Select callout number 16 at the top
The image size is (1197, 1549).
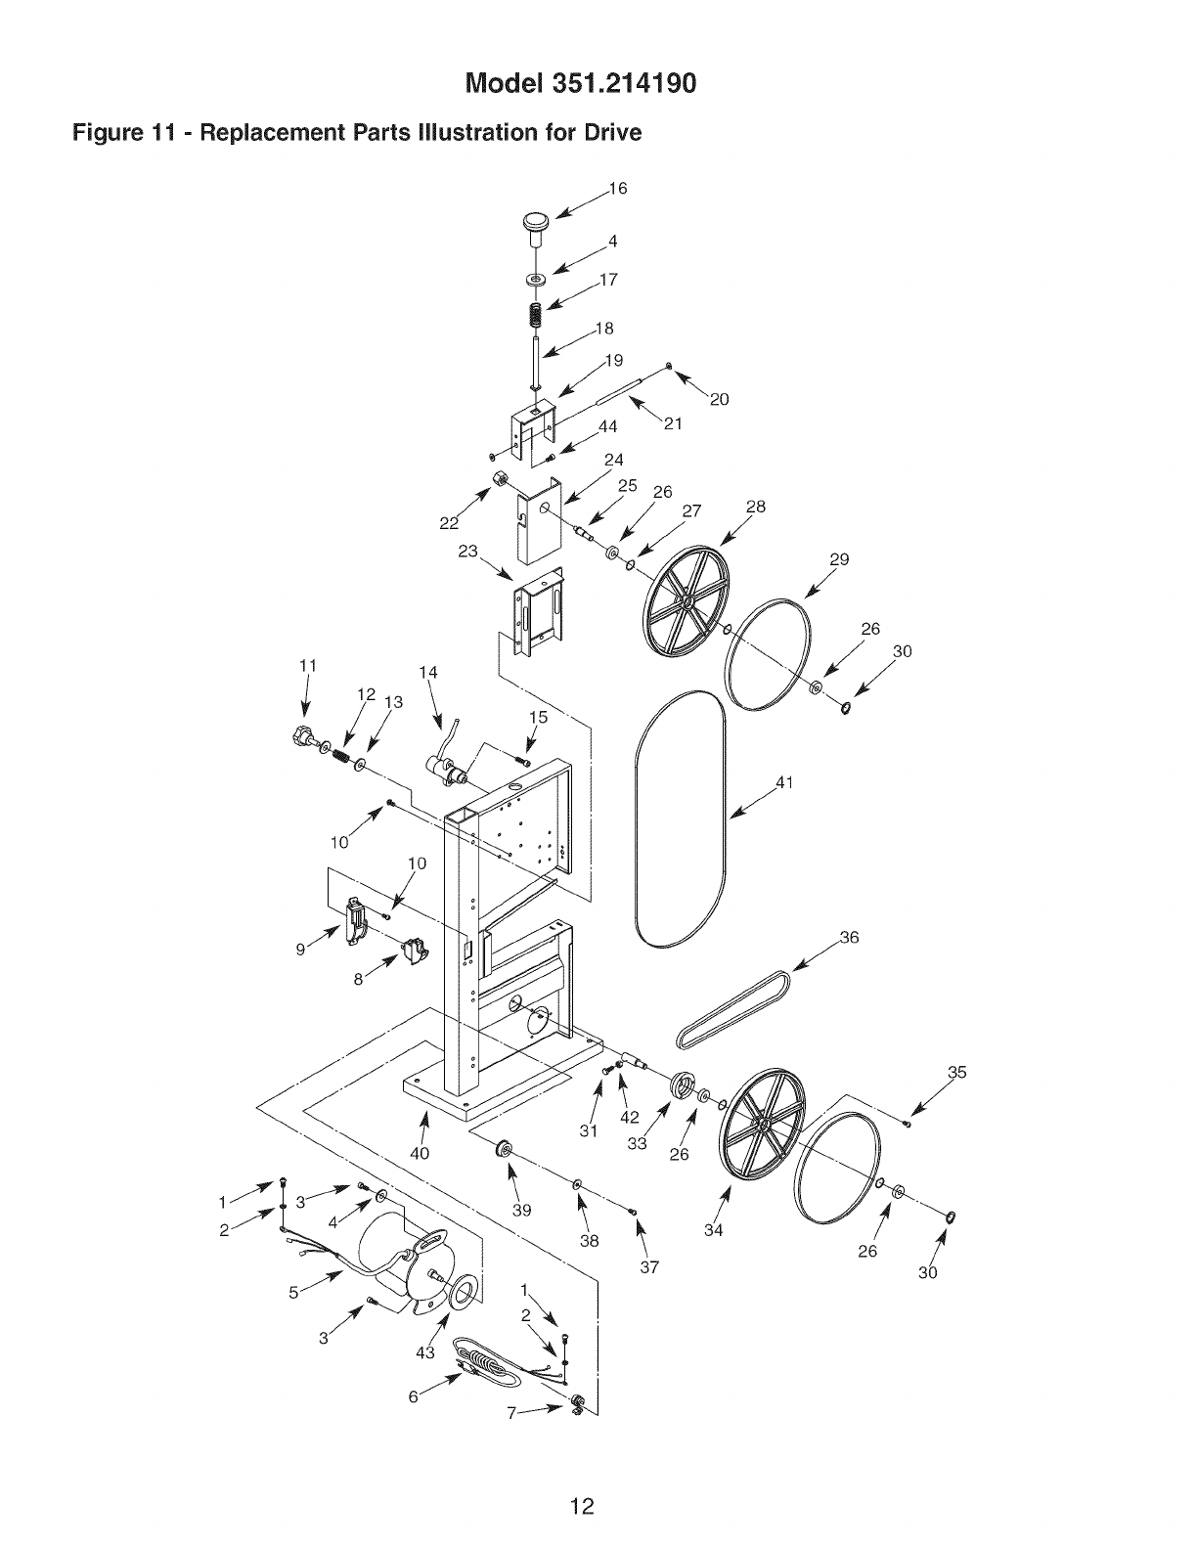tap(617, 189)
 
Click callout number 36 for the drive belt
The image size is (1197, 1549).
tap(849, 938)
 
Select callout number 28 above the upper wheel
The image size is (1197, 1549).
tap(755, 507)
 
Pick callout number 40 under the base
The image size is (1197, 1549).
tap(420, 1153)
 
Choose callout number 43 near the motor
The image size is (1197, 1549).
tap(423, 1352)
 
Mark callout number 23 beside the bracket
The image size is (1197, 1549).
tap(468, 552)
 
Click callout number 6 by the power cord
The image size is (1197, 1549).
tap(413, 1397)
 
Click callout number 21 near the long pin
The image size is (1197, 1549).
tap(672, 423)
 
